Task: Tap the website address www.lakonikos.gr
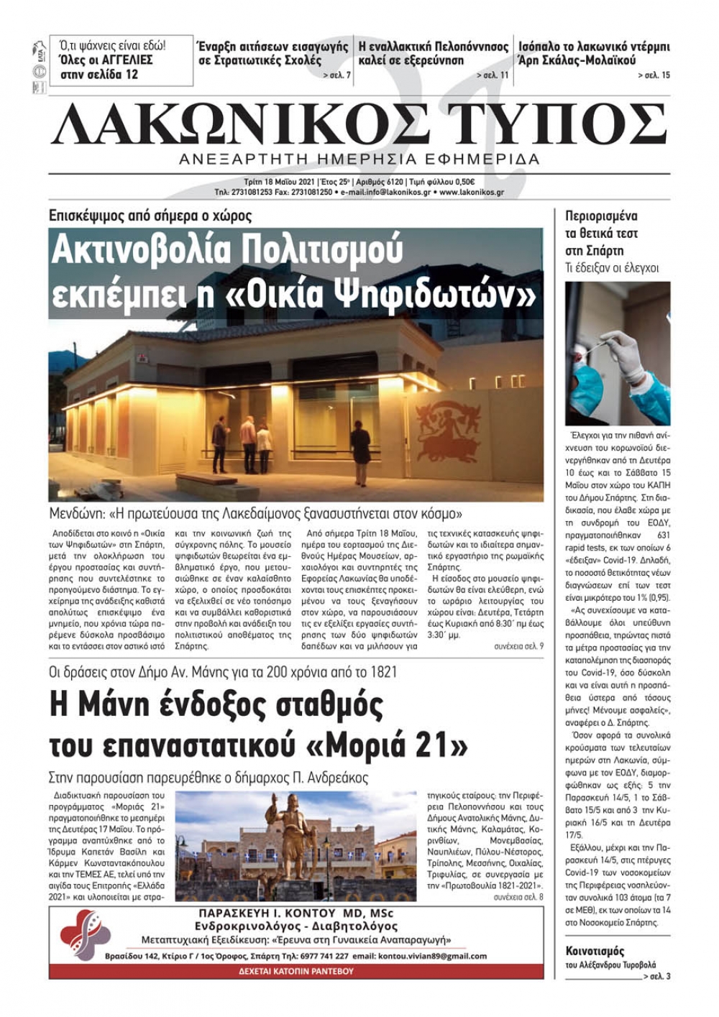[x=472, y=193]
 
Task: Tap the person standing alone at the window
[x=360, y=442]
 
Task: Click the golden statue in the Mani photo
[x=288, y=834]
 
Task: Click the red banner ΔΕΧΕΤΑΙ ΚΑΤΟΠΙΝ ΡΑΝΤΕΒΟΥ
[x=296, y=971]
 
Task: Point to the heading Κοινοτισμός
[x=595, y=951]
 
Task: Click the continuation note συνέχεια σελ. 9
[x=518, y=646]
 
